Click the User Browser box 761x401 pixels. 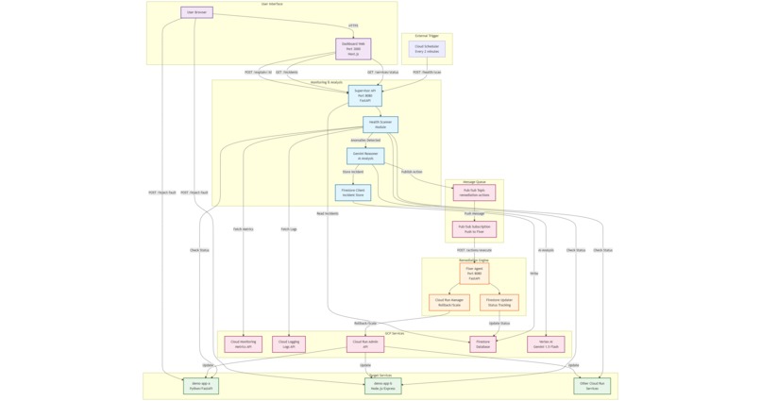196,12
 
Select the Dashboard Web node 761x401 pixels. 353,48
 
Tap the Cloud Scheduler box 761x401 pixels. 427,48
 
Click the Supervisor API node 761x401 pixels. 364,95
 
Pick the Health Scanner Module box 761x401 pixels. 380,125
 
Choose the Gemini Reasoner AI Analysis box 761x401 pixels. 365,156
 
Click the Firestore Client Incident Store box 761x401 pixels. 353,192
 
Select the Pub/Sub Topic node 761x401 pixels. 474,192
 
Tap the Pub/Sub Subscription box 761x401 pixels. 474,229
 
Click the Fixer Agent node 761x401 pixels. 474,274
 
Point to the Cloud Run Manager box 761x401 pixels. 449,303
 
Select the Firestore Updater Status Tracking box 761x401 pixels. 499,303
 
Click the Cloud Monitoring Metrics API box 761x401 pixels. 243,344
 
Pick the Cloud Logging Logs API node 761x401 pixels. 289,344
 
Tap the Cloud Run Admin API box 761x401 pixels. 365,344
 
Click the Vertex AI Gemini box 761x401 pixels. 546,344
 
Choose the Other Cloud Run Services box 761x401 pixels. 592,386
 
